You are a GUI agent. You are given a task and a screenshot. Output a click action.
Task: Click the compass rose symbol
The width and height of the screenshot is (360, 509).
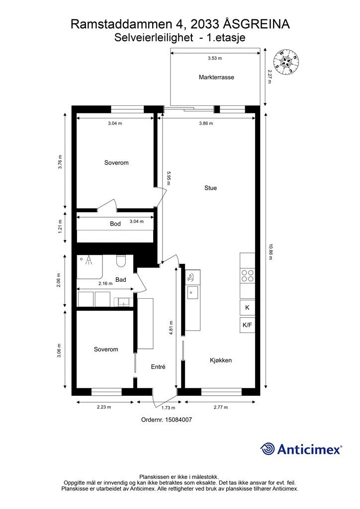click(x=285, y=62)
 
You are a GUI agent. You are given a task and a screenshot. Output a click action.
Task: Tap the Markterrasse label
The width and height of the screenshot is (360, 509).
click(x=216, y=77)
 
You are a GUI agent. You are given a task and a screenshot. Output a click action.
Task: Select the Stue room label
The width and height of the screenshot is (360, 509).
click(x=211, y=188)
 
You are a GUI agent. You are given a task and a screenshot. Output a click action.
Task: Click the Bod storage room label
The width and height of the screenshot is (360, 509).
click(x=115, y=224)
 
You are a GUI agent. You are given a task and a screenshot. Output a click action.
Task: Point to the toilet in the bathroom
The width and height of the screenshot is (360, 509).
click(x=121, y=261)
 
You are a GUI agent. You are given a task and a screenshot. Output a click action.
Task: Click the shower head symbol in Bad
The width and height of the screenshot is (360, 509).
click(x=88, y=259)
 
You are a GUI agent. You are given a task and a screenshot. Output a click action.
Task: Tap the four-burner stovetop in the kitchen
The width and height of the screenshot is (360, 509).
click(x=247, y=275)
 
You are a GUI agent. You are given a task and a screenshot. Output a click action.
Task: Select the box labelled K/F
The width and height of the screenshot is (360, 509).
click(x=247, y=325)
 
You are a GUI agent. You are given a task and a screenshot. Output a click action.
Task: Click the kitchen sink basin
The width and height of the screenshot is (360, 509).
click(x=192, y=292)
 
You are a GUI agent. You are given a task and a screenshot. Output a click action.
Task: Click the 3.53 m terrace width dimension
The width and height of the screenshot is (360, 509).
click(x=215, y=59)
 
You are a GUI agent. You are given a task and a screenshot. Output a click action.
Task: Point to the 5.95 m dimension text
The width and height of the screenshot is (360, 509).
click(x=168, y=178)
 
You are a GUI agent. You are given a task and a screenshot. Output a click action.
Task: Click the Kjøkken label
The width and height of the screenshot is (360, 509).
click(x=221, y=360)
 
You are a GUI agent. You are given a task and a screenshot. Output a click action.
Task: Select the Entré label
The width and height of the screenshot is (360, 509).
click(x=158, y=367)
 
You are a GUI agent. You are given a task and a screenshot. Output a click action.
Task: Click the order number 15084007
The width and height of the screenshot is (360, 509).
click(x=178, y=420)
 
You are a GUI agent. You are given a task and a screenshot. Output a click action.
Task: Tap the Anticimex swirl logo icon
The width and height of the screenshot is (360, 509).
click(x=268, y=449)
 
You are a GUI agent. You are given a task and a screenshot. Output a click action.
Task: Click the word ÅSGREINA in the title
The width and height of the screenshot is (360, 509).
click(x=257, y=24)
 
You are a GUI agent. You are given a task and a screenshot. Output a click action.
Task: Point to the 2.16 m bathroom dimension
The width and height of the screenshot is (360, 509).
click(x=105, y=283)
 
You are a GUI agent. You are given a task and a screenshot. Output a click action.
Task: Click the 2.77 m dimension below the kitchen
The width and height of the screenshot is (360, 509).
click(x=221, y=407)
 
